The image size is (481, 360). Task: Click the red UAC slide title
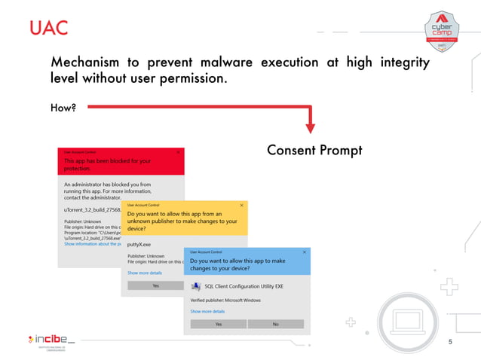(48, 29)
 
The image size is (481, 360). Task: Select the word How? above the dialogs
(64, 108)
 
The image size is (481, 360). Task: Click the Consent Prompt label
(314, 151)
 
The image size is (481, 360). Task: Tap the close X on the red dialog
(178, 152)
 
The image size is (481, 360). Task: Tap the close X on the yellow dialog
(241, 205)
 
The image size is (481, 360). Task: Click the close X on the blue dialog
(303, 252)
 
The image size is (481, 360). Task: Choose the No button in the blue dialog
(275, 324)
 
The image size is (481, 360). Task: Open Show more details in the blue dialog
(207, 311)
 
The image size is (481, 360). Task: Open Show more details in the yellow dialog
(144, 273)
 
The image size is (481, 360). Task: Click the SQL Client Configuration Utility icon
(197, 285)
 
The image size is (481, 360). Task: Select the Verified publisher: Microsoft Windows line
(226, 299)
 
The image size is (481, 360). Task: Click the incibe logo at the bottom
(50, 340)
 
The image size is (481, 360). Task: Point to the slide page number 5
(450, 343)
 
